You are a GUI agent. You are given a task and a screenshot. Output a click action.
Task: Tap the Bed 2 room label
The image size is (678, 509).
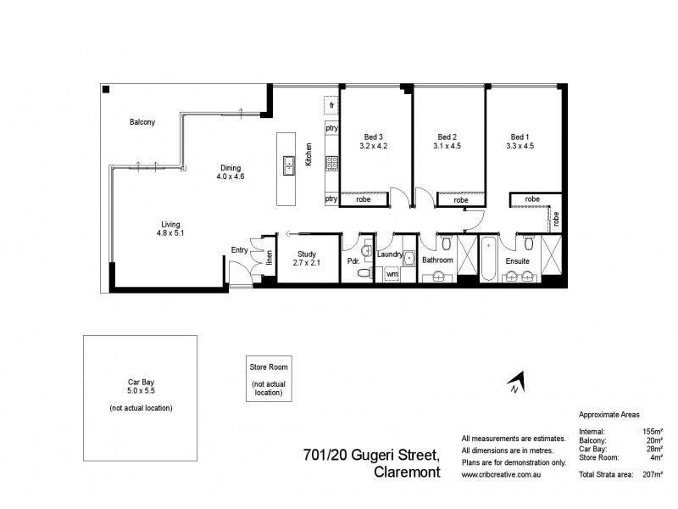coord(447,137)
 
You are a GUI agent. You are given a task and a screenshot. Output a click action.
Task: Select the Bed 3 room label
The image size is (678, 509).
coord(374,137)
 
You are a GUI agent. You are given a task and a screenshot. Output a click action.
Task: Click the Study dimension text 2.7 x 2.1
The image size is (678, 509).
coord(305,263)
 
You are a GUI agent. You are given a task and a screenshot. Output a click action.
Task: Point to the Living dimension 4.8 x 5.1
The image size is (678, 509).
coord(169,232)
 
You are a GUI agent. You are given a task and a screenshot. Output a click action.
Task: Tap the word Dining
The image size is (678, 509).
coord(231,167)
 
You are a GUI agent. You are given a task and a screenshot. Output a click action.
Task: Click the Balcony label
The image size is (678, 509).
coord(142,122)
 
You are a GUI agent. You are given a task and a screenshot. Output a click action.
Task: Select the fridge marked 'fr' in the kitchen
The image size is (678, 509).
coord(332,105)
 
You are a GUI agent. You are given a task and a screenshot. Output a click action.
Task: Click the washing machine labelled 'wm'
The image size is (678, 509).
coord(392,275)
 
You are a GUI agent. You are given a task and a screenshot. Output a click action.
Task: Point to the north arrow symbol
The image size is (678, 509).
coord(517,383)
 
